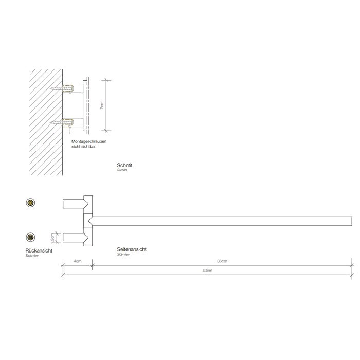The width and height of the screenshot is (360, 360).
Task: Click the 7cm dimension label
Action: pos(102,105)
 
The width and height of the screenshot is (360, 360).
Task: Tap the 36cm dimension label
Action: pos(222,261)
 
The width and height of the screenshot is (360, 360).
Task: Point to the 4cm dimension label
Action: pos(77,261)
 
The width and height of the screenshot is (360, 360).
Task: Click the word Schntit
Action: pos(124,165)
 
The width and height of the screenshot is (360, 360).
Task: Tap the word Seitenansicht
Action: pos(132,249)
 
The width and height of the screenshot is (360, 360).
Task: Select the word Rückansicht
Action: pos(39,250)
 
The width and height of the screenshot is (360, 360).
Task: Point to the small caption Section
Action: pos(121,170)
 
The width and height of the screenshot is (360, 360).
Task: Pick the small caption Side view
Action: pos(123,255)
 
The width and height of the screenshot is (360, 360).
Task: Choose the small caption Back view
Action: pos(31,256)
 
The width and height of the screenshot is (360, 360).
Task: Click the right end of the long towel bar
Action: pos(351,221)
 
